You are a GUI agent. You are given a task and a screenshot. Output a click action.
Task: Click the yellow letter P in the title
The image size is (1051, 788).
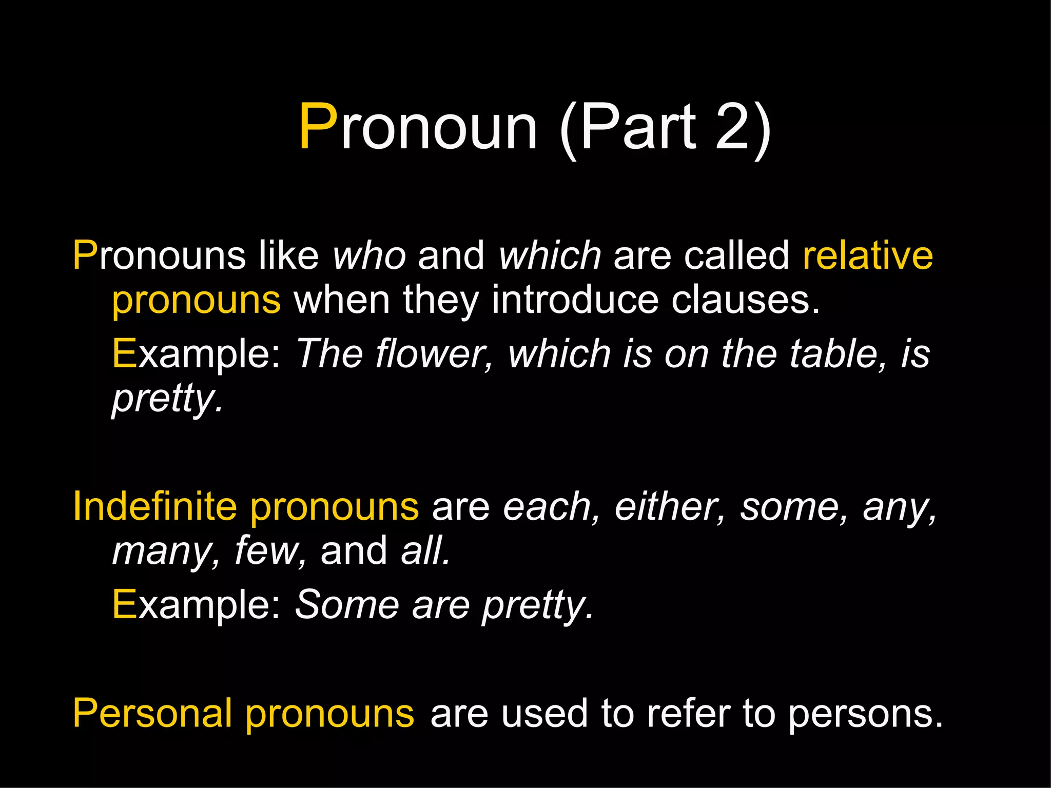(319, 127)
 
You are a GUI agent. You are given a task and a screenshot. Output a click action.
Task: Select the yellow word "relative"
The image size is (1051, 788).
(868, 255)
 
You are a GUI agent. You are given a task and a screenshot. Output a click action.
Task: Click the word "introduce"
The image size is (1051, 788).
(575, 300)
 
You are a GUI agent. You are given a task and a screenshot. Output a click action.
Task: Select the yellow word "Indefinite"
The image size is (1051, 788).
(154, 507)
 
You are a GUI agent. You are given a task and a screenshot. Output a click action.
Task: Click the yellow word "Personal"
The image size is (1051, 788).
(152, 714)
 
